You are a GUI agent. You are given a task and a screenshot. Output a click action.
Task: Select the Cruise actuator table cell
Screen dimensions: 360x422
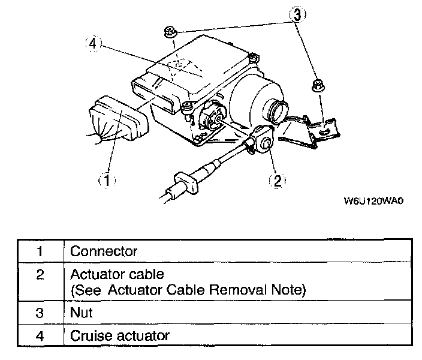click(119, 335)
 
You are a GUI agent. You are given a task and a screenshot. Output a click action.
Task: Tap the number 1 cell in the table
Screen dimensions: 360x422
click(39, 251)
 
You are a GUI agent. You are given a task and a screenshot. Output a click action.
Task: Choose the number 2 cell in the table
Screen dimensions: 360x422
click(39, 276)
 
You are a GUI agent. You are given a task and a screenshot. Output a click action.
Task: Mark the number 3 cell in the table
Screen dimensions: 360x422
click(39, 313)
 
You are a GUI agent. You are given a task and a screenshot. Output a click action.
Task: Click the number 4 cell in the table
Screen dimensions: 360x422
click(39, 335)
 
